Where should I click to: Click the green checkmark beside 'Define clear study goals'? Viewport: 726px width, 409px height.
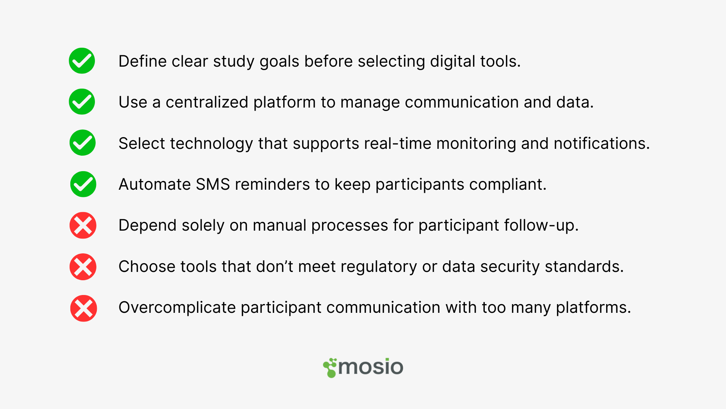[x=82, y=61]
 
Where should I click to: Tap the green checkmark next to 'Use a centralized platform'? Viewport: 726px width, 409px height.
[x=82, y=101]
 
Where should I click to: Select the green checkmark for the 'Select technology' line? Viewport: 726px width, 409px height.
[x=82, y=143]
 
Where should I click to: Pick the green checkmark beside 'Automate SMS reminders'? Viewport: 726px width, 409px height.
[x=83, y=184]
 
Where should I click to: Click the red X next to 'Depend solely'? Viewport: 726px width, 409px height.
[x=83, y=225]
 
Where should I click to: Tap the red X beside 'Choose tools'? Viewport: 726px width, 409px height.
[x=83, y=267]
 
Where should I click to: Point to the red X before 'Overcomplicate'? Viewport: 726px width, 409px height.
[x=84, y=308]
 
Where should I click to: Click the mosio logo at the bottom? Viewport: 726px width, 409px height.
[x=363, y=367]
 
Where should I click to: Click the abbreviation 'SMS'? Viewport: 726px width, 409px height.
[x=213, y=184]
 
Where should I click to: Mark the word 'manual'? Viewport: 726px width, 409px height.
[x=279, y=225]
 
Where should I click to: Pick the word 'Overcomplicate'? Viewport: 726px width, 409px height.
[x=177, y=308]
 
